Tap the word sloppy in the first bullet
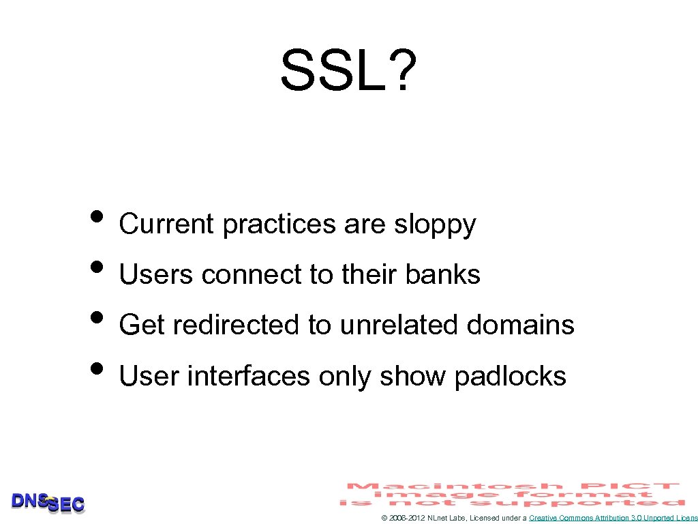(435, 224)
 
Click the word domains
(521, 325)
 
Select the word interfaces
(248, 375)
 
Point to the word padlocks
(510, 375)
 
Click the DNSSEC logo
(48, 503)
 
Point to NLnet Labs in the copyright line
(443, 519)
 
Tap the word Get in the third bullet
(142, 325)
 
